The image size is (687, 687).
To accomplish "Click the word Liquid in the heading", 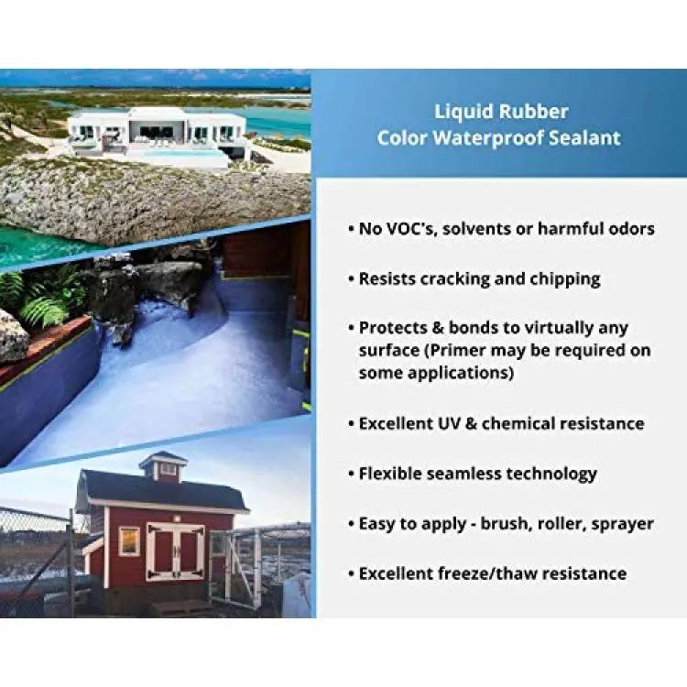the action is click(464, 112).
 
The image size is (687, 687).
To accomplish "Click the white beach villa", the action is click(157, 134).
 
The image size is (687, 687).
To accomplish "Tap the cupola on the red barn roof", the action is click(163, 465).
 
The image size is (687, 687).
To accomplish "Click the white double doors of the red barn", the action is click(175, 551).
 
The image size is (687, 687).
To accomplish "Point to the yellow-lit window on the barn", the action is click(129, 541).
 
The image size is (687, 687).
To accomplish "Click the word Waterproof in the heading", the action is click(488, 138).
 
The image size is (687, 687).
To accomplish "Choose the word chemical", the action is click(518, 424).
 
